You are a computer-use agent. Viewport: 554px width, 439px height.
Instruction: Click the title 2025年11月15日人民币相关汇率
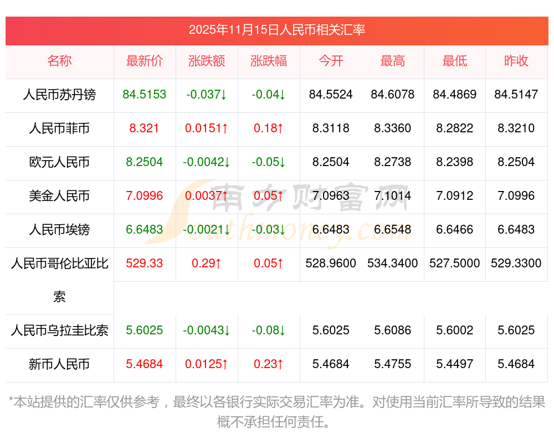276,30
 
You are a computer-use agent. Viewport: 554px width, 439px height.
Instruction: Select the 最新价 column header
144,61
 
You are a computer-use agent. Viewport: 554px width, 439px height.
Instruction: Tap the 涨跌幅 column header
269,61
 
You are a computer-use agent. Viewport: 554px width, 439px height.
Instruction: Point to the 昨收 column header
516,61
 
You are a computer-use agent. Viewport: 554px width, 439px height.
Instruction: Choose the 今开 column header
331,61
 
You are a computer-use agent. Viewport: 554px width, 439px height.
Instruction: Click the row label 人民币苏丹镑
59,95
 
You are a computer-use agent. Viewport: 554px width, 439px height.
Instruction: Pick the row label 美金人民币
59,196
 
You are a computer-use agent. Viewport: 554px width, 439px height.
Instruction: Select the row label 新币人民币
59,364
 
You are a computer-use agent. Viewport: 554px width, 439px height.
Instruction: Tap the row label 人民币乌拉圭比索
59,330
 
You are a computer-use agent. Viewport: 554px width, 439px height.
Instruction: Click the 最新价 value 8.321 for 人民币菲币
144,128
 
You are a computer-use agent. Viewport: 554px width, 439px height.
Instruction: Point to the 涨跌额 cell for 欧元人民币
207,162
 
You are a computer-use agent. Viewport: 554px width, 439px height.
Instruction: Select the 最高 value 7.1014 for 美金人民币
392,196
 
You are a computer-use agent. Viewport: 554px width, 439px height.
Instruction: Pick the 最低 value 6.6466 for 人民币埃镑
454,230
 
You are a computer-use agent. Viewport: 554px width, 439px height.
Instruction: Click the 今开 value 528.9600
331,264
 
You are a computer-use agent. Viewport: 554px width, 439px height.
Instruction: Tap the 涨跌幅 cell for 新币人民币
269,364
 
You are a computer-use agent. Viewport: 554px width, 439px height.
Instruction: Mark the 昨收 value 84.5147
516,95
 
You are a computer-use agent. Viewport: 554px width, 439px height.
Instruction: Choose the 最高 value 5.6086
392,330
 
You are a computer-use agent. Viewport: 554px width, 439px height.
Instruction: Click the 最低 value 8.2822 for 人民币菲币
454,128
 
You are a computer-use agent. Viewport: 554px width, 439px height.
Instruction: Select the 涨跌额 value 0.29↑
207,264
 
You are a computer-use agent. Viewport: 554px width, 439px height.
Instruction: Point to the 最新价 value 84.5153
144,95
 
